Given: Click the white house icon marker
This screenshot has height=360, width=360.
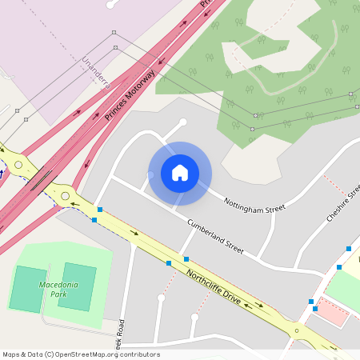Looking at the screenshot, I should point(179,172).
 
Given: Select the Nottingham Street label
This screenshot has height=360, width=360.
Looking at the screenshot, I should point(254,204).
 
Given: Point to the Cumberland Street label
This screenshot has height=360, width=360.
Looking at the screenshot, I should point(214,236).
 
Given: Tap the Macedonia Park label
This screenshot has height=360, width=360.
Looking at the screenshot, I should point(54,288).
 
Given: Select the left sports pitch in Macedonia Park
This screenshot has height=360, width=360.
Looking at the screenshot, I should point(27,289).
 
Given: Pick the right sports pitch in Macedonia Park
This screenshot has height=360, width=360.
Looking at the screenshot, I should point(77,286).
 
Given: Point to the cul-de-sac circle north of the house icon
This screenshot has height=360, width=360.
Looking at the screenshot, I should point(183,122).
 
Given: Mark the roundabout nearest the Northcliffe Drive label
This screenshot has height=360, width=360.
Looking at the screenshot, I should point(297,330).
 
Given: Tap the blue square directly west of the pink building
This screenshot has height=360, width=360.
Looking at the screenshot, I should point(311,302).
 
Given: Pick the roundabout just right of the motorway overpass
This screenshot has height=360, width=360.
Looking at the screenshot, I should point(65,195).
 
